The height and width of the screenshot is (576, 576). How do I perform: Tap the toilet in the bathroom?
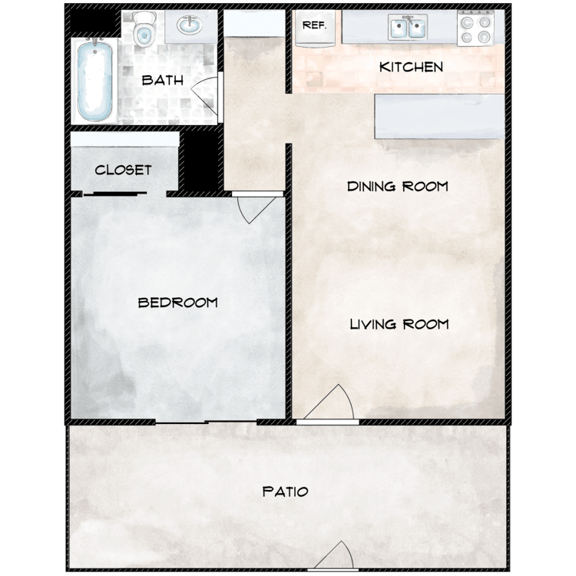143,28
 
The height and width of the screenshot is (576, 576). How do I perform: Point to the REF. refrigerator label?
315,25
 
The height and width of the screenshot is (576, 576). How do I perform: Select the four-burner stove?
475,29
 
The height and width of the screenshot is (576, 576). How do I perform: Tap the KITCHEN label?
411,67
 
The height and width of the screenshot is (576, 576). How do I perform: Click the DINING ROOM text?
397,187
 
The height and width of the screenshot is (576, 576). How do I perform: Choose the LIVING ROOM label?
399,324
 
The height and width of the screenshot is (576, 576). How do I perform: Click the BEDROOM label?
177,303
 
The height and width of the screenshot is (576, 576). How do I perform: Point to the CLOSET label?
123,170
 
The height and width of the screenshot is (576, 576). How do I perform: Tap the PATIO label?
285,492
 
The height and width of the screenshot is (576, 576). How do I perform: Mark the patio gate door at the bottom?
335,557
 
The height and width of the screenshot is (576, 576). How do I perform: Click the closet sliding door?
123,193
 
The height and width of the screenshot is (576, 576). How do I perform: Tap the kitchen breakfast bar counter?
439,117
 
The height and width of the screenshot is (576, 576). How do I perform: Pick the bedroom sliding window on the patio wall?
206,422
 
